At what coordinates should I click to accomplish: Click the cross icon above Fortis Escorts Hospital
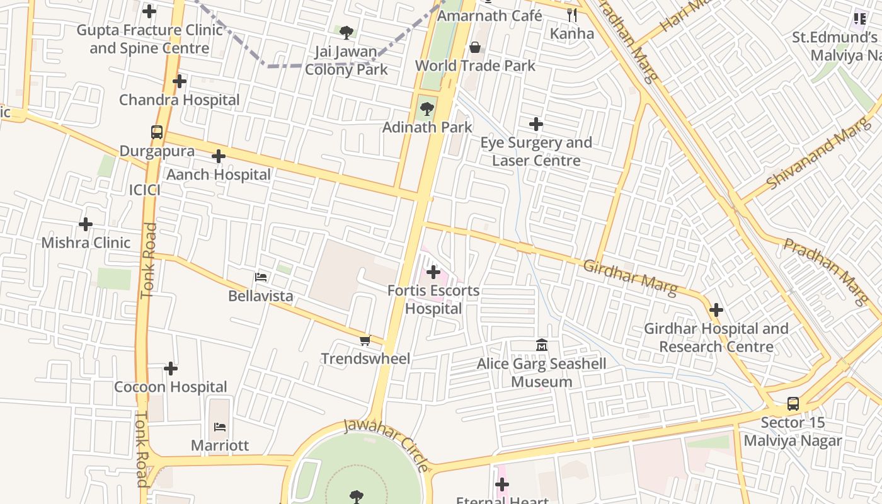click(x=433, y=272)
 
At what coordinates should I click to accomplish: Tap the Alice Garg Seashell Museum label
click(x=541, y=372)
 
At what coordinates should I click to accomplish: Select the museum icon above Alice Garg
click(x=542, y=345)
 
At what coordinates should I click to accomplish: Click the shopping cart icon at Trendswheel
click(x=365, y=341)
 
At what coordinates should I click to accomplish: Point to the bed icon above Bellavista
click(x=260, y=277)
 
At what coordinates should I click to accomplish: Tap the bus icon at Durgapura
click(x=157, y=132)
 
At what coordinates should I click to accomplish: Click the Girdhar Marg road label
click(x=629, y=278)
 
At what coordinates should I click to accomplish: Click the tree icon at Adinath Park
click(x=427, y=109)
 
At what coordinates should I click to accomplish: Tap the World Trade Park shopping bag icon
click(x=475, y=47)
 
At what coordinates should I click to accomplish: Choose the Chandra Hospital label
click(x=180, y=100)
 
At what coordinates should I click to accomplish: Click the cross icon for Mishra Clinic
click(x=86, y=224)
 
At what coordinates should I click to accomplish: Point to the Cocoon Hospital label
click(x=170, y=387)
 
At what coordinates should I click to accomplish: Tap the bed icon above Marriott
click(x=220, y=427)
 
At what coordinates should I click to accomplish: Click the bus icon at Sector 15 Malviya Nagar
click(x=793, y=403)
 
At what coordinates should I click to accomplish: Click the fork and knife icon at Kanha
click(x=572, y=15)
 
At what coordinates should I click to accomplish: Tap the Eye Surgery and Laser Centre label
click(x=536, y=151)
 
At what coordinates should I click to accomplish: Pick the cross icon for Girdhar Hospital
click(x=716, y=310)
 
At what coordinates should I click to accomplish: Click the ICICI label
click(x=144, y=190)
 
